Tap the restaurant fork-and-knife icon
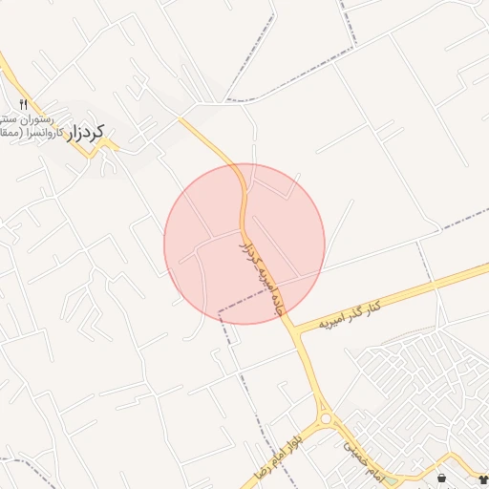click(24, 103)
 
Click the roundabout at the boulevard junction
click(326, 417)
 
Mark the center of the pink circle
click(244, 244)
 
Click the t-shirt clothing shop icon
click(481, 477)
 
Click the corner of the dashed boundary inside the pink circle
click(220, 311)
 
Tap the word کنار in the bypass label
click(373, 305)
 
